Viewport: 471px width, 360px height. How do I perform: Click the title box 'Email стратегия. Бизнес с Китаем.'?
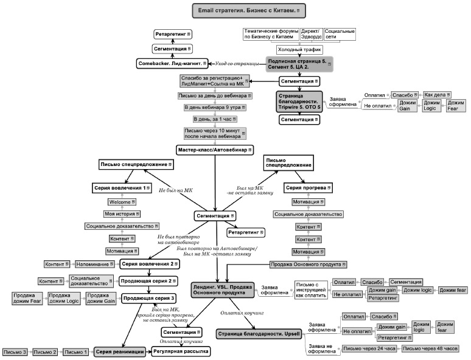(249, 11)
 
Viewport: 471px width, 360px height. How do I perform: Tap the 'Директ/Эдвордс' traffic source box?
(308, 35)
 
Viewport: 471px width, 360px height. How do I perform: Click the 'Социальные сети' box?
(340, 35)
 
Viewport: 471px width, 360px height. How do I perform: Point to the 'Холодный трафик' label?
(299, 50)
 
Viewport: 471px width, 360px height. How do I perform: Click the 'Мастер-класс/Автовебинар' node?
(214, 150)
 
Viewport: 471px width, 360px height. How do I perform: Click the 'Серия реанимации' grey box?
(120, 351)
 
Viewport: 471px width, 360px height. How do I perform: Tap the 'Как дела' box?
(434, 95)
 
